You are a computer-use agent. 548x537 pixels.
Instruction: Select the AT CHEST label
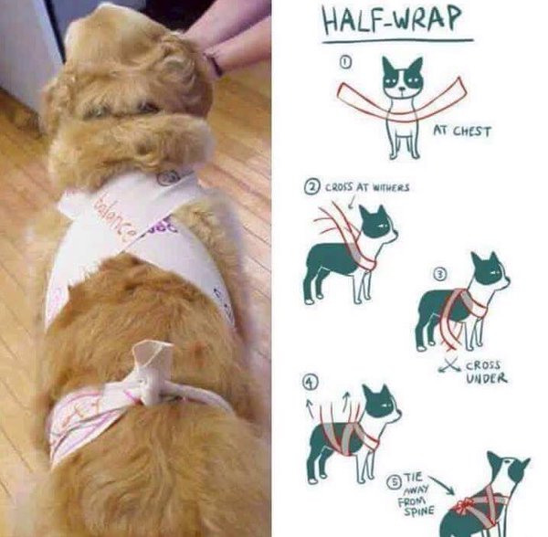(461, 132)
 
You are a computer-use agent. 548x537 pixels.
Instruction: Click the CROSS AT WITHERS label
(363, 187)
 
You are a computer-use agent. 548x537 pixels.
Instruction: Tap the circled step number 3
(439, 273)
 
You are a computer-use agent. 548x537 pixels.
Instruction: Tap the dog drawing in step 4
(352, 429)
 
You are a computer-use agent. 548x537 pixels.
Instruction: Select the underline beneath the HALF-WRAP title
(396, 41)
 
